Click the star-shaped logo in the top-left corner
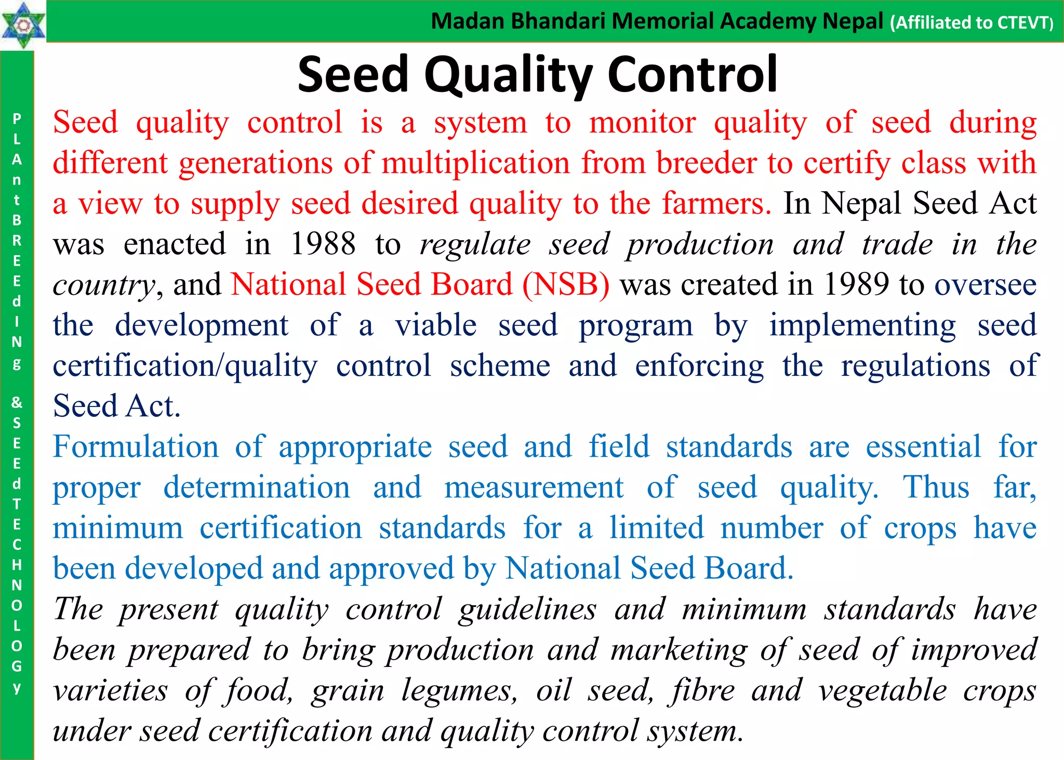point(23,25)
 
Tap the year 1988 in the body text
point(323,244)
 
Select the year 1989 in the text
point(857,284)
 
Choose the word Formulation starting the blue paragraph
point(136,447)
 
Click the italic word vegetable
point(883,690)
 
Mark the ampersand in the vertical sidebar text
point(17,402)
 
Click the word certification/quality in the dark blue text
point(185,366)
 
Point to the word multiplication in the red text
point(476,163)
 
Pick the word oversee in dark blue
point(986,285)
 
